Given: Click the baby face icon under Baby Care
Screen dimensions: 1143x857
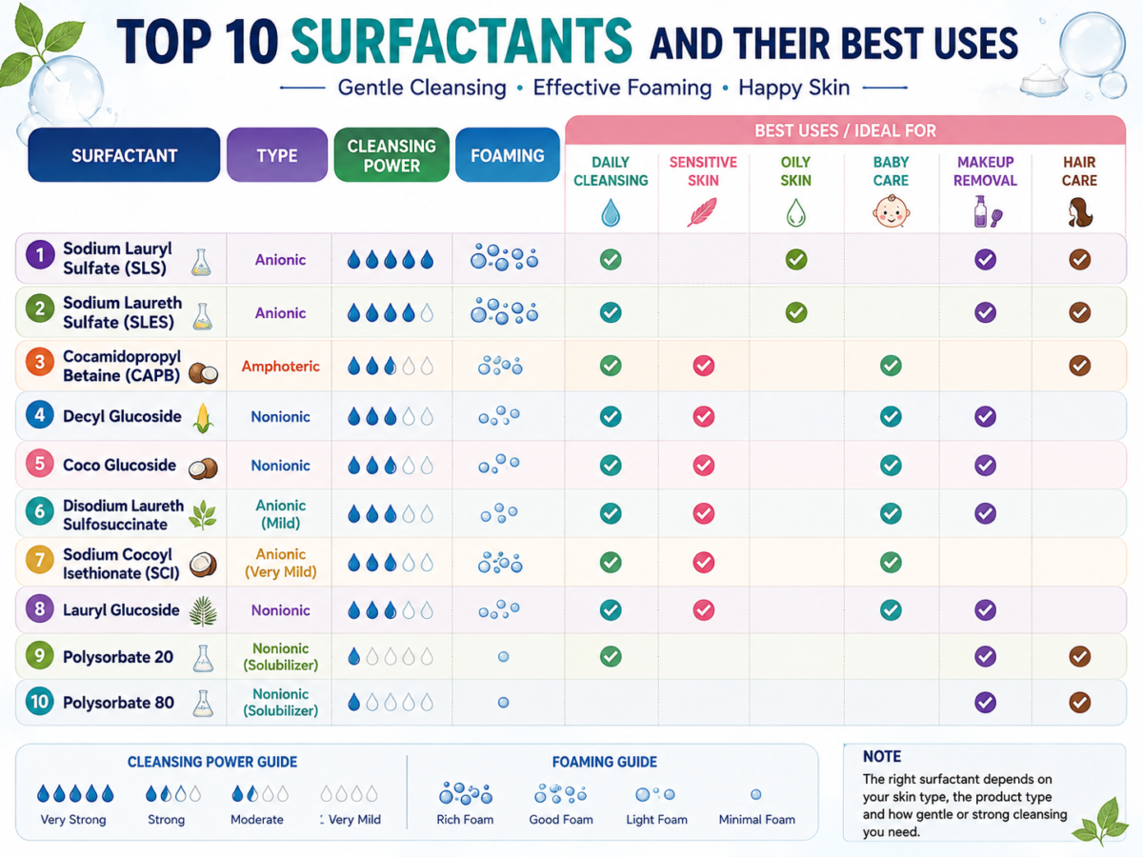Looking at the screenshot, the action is (891, 211).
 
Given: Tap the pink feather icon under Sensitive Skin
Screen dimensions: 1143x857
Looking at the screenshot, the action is (702, 211).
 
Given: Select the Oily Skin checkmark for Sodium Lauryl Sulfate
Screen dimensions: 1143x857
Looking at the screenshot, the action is (796, 259).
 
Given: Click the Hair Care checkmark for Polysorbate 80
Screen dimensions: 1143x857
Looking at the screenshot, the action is (1079, 702).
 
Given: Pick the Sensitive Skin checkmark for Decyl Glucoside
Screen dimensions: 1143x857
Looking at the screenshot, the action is (704, 416).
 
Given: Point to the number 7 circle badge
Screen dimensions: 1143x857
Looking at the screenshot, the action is (40, 561).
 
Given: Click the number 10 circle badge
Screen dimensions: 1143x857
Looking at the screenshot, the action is (40, 702).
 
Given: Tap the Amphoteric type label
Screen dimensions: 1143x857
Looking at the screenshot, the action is (280, 367).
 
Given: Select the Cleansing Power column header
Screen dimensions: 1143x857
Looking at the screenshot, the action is (391, 155).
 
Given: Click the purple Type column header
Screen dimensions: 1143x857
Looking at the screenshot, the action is (277, 155).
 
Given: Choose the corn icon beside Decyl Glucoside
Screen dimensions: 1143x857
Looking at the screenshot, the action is (203, 418).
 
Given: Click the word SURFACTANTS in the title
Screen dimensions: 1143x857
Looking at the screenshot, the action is (461, 41).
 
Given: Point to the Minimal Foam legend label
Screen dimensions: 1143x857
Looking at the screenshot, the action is (756, 820).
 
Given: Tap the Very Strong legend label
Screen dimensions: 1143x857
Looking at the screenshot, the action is (73, 820).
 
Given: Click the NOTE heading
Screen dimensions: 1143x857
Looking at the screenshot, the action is (882, 756).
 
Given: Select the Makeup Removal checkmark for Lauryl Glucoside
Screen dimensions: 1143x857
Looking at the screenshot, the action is (985, 609).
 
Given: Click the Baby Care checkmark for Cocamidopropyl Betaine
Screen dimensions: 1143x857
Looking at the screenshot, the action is (891, 366).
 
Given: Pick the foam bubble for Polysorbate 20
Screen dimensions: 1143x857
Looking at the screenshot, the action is (503, 657).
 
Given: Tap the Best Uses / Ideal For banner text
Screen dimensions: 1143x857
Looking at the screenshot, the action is (845, 130).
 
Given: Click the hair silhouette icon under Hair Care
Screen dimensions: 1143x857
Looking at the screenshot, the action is (1079, 212).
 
